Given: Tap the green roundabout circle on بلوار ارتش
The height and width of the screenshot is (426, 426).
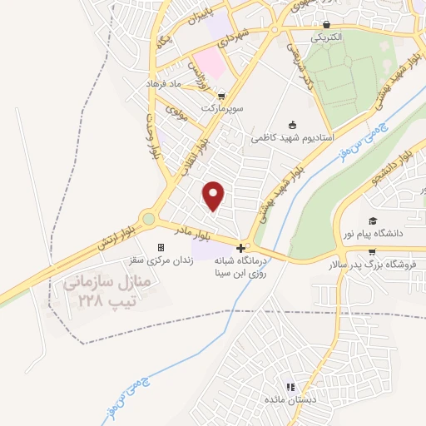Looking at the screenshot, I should pos(149,219).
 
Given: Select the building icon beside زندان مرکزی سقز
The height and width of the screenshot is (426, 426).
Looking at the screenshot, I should pos(161,248).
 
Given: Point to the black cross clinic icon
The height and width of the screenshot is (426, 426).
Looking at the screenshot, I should pos(240,248).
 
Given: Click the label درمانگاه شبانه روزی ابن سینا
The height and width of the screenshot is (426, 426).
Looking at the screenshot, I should pos(241,266).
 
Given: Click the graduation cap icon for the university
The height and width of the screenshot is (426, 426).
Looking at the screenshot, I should pos(374,220).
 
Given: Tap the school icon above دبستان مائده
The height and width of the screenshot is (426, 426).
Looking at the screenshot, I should pos(290,387).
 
